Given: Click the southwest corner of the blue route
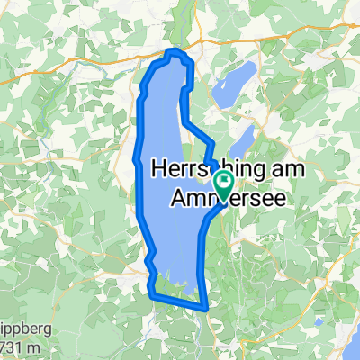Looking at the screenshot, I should [150, 292].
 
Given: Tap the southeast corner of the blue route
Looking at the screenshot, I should [207, 308].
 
